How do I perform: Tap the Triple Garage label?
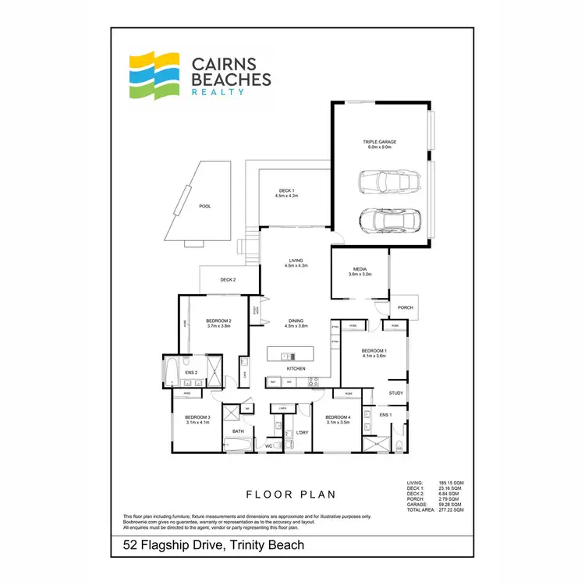pyautogui.click(x=380, y=142)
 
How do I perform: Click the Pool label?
pyautogui.click(x=205, y=207)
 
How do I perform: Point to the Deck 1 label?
pyautogui.click(x=287, y=191)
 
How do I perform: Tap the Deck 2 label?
pyautogui.click(x=228, y=279)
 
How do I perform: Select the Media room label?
pyautogui.click(x=360, y=269)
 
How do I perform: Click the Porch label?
pyautogui.click(x=405, y=307)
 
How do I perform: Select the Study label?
pyautogui.click(x=396, y=393)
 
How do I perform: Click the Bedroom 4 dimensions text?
pyautogui.click(x=338, y=422)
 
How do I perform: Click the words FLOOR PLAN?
pyautogui.click(x=290, y=494)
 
